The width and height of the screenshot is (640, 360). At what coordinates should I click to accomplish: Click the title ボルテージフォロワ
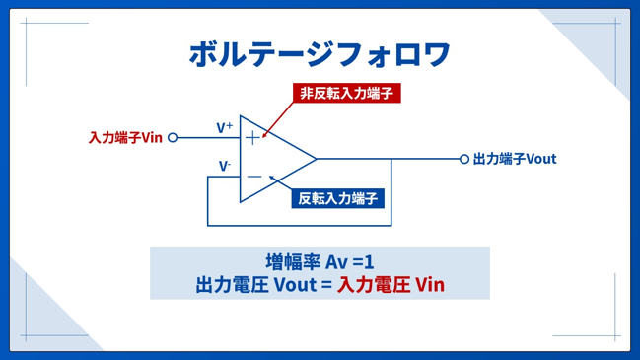(x=320, y=54)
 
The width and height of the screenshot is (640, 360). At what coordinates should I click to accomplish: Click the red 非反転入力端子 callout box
(x=346, y=93)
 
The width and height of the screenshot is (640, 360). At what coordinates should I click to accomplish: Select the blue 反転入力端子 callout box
(x=337, y=199)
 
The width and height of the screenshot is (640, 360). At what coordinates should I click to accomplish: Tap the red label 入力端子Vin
(x=125, y=137)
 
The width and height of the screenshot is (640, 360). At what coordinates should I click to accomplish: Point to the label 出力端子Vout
(x=515, y=159)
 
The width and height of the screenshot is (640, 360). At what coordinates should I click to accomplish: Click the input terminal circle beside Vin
(x=173, y=137)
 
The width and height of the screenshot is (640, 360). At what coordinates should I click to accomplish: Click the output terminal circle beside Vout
(x=464, y=159)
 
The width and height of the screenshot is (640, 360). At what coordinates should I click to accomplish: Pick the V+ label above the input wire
(x=225, y=127)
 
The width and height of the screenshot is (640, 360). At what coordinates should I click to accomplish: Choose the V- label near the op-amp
(x=225, y=166)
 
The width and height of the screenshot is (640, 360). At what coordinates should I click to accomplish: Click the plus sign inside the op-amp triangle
(x=252, y=137)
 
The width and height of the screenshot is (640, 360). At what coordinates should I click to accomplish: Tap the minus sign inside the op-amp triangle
(x=254, y=177)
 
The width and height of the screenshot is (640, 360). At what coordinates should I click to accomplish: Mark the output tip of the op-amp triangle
(x=317, y=159)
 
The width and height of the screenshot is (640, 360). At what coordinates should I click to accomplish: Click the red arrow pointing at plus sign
(x=277, y=119)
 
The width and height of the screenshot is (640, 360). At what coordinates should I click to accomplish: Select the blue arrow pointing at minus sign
(x=280, y=182)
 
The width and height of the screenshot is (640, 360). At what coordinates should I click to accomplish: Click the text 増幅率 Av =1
(x=320, y=262)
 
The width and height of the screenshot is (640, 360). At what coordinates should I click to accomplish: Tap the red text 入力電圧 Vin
(x=391, y=284)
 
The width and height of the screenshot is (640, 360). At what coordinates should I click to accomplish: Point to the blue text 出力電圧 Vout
(x=256, y=284)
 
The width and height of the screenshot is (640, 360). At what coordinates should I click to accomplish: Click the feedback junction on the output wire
(x=391, y=159)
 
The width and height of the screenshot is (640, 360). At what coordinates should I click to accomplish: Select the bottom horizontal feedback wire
(x=299, y=225)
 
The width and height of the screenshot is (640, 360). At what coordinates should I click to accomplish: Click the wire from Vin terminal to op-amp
(x=209, y=137)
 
